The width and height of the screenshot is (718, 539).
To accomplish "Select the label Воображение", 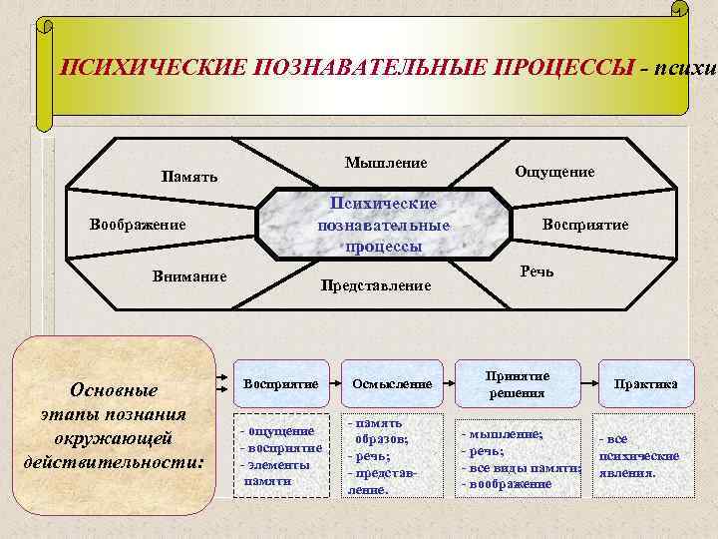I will (x=138, y=224).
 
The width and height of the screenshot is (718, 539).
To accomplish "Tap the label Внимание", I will (x=189, y=276).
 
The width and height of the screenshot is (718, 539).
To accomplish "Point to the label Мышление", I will (x=386, y=163).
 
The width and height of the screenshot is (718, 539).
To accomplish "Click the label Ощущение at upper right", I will (x=554, y=172).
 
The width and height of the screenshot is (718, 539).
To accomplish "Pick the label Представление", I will (x=375, y=285).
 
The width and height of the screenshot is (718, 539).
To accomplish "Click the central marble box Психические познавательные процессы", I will (x=384, y=225).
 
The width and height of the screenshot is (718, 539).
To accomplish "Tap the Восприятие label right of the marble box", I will (x=585, y=224).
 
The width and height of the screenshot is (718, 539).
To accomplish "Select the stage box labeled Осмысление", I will (x=393, y=383).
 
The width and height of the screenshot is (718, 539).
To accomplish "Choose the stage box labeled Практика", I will (x=646, y=383).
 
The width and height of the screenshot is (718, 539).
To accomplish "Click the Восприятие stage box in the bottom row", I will (x=280, y=383).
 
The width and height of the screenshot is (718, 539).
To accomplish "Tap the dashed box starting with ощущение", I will (x=280, y=455).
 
